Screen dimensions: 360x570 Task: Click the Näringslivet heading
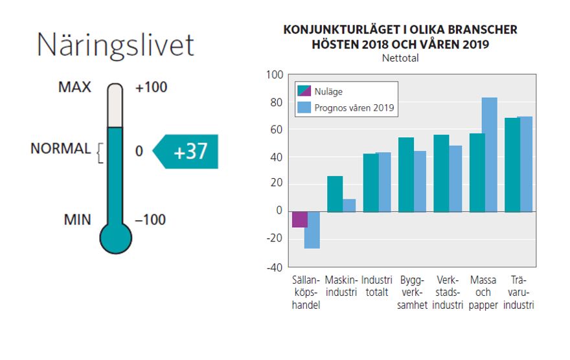coord(115,45)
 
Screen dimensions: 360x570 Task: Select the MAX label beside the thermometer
coord(74,87)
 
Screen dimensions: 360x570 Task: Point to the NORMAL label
coord(61,148)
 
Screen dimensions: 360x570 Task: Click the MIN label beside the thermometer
coord(78,219)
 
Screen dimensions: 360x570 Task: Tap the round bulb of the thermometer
coord(115,238)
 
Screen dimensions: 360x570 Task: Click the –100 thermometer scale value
coord(150,219)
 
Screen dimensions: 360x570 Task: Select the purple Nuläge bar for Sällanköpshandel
coord(299,219)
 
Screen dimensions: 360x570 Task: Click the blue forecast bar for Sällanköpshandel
coord(312,230)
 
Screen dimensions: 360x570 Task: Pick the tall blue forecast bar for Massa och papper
coord(489,155)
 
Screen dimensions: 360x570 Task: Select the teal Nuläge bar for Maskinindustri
coord(335,194)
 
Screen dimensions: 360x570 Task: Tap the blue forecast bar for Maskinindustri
coord(349,205)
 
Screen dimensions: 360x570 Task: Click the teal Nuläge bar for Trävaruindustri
coord(511,164)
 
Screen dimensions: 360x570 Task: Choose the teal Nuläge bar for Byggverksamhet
coord(406,174)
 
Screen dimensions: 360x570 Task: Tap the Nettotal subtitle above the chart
coord(400,58)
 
